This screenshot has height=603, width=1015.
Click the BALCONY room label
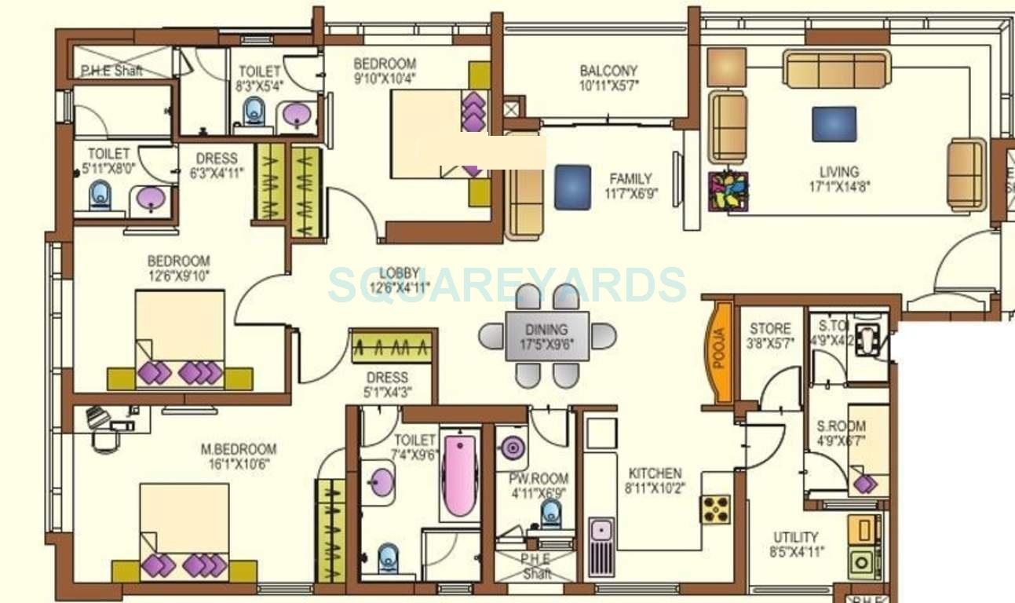pyautogui.click(x=608, y=71)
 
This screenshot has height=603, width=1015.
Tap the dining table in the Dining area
pyautogui.click(x=546, y=336)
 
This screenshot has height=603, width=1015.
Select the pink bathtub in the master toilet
pyautogui.click(x=459, y=475)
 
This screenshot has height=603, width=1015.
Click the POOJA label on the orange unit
pyautogui.click(x=721, y=353)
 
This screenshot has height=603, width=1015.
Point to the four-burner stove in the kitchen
pyautogui.click(x=716, y=509)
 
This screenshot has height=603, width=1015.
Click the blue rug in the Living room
pyautogui.click(x=834, y=124)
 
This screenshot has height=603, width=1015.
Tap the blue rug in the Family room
pyautogui.click(x=572, y=187)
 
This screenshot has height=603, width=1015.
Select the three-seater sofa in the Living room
pyautogui.click(x=836, y=70)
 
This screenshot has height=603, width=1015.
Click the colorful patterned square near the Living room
pyautogui.click(x=728, y=192)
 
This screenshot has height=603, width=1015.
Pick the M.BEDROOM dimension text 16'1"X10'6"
pyautogui.click(x=239, y=464)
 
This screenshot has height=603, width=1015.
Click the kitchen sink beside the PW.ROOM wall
pyautogui.click(x=601, y=536)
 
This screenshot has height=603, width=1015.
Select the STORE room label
pyautogui.click(x=769, y=328)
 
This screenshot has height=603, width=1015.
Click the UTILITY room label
pyautogui.click(x=795, y=538)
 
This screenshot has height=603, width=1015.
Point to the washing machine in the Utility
pyautogui.click(x=863, y=562)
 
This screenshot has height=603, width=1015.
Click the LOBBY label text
pyautogui.click(x=400, y=272)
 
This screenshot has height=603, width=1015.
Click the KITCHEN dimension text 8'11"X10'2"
pyautogui.click(x=655, y=488)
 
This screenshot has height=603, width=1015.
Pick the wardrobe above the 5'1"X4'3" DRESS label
pyautogui.click(x=392, y=346)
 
